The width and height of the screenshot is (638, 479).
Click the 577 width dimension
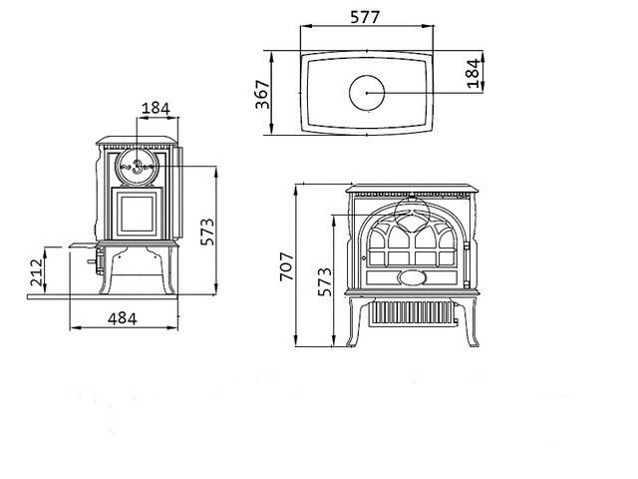[x=365, y=17]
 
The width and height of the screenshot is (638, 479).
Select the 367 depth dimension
[x=262, y=95]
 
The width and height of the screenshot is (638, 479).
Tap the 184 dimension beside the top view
[x=474, y=73]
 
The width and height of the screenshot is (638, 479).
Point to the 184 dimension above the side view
[x=156, y=109]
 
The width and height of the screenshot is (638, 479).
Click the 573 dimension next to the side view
[x=207, y=233]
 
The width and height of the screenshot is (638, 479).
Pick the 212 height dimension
[x=36, y=272]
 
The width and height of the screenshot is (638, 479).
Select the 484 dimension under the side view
[x=122, y=318]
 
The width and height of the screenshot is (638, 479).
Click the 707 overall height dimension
[x=287, y=266]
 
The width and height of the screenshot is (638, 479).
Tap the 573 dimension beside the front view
[x=325, y=281]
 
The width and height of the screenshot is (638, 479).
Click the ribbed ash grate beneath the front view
[x=412, y=313]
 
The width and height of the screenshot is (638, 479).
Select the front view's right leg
[x=471, y=321]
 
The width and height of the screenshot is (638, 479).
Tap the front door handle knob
[x=364, y=257]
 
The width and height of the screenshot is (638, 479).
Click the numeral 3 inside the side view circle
[x=138, y=167]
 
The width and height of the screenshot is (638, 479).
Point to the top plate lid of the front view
[x=412, y=189]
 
